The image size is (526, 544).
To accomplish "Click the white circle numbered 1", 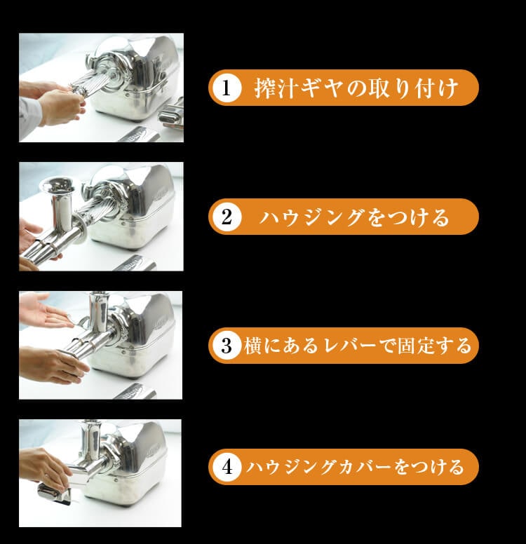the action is (x=227, y=88).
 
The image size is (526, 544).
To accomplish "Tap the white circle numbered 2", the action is (x=227, y=217).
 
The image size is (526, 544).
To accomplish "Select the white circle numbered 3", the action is (x=227, y=346).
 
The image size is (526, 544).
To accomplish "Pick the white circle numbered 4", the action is (x=227, y=467).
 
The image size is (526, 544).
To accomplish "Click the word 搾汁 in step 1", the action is (x=276, y=88).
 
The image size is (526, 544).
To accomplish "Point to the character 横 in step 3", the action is (x=252, y=346).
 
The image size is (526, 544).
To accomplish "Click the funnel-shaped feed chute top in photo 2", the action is (x=58, y=185).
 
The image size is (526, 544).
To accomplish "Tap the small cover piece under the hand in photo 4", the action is (x=55, y=494).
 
